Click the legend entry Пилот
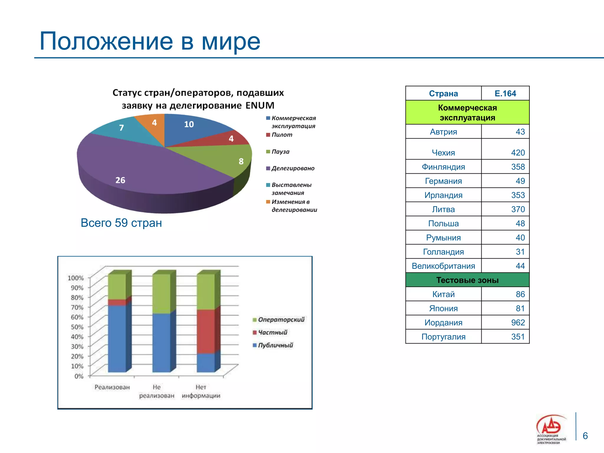pyautogui.click(x=282, y=135)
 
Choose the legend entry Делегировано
pyautogui.click(x=293, y=168)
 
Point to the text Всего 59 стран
pyautogui.click(x=121, y=223)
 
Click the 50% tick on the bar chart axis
pyautogui.click(x=77, y=327)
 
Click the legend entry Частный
pyautogui.click(x=272, y=332)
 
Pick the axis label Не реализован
pyautogui.click(x=157, y=391)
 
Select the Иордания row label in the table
pyautogui.click(x=443, y=323)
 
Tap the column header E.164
pyautogui.click(x=505, y=93)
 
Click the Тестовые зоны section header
pyautogui.click(x=467, y=280)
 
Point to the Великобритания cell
pyautogui.click(x=443, y=266)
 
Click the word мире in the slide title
pyautogui.click(x=231, y=41)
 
